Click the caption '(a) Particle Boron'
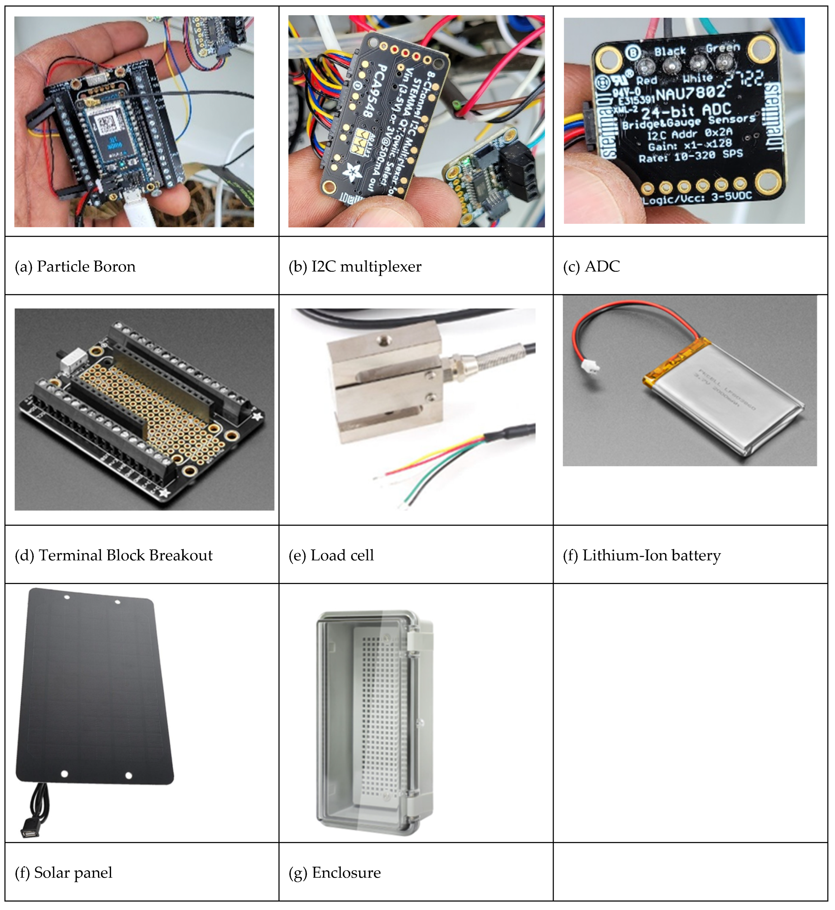75,267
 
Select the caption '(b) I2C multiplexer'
355,267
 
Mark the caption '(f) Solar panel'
63,873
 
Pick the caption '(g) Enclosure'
334,873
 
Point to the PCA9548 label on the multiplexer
375,90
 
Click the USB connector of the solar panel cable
29,831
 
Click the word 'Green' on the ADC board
723,48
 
